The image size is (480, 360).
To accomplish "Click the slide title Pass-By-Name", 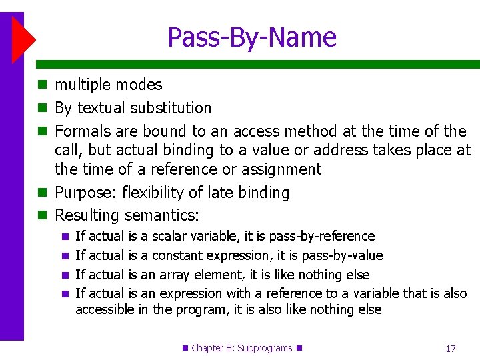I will pos(252,37).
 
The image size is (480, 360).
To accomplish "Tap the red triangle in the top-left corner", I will pos(23,39).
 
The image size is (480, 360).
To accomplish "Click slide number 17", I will pos(450,348).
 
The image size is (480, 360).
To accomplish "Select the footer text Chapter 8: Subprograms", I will pos(242,348).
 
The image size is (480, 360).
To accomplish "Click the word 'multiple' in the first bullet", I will pos(83,85).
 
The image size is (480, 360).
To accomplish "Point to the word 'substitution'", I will pos(171,108).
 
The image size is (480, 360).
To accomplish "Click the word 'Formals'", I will pos(83,131).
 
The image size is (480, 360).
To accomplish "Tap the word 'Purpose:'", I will pos(84,193).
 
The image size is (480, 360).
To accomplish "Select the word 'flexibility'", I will pos(151,193).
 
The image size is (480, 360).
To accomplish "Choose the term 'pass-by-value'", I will pos(342,256).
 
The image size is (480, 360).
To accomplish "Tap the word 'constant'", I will pos(177,256).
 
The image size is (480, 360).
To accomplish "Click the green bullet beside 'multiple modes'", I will pos(42,85).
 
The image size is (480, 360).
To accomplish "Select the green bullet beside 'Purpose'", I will pos(42,193).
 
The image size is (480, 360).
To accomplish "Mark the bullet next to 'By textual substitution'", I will pos(42,108).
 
